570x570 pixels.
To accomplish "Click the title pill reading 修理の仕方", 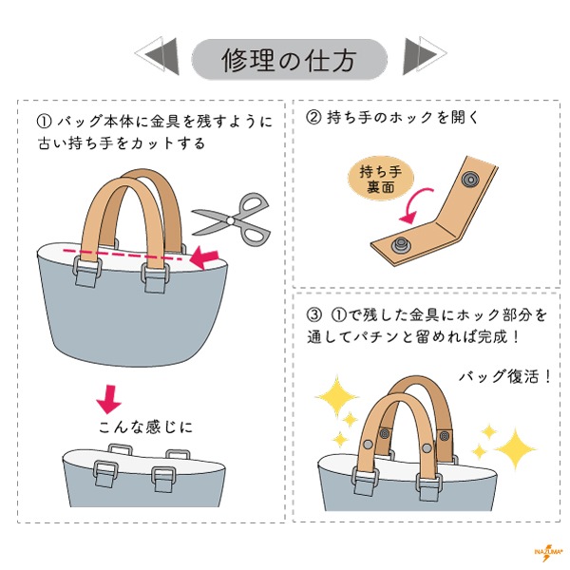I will (x=289, y=59).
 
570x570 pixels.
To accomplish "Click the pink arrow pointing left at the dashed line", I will (x=201, y=255).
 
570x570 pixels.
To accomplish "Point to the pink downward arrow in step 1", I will (x=110, y=397).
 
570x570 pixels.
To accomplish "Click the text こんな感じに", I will (x=145, y=427).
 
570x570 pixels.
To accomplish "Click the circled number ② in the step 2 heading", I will (x=313, y=119).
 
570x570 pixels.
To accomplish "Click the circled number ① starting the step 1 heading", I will (x=43, y=122).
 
